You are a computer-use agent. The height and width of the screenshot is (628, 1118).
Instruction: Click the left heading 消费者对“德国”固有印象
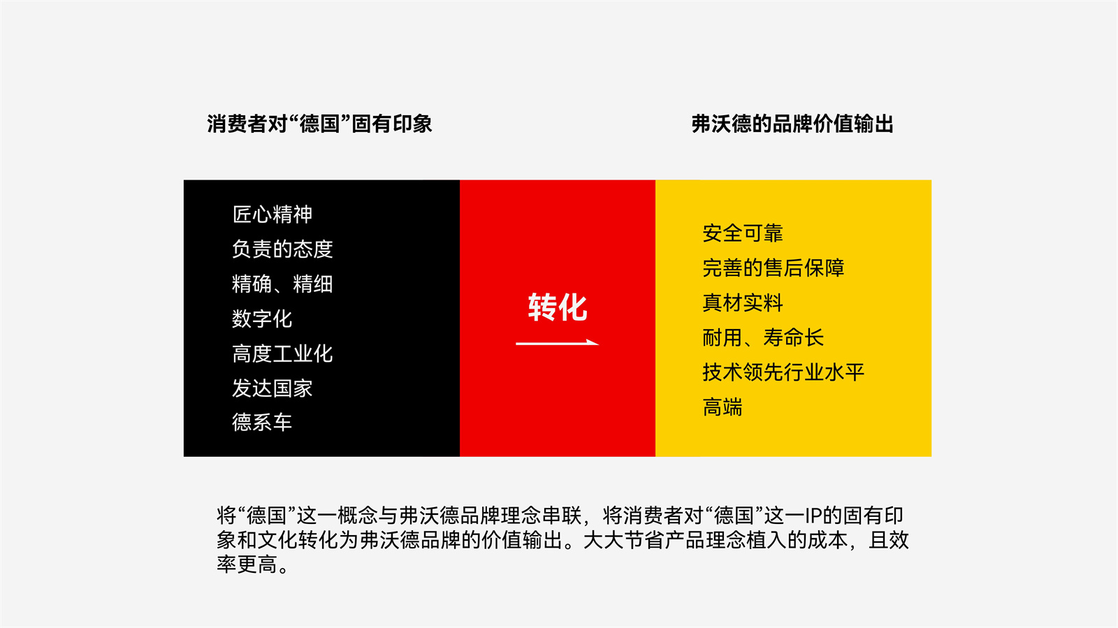point(319,124)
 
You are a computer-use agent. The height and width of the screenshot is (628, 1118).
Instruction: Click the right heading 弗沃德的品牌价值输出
point(792,124)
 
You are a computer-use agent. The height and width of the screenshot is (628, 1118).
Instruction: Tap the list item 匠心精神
point(273,214)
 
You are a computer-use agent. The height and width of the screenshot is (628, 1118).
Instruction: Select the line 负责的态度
point(282,249)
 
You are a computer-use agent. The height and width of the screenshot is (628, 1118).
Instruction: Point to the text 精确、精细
point(282,284)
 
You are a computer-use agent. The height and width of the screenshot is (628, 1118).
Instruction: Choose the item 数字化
point(262,319)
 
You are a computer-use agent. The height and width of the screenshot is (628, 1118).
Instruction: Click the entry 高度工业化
point(282,353)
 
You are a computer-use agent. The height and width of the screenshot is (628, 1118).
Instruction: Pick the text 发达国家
point(273,388)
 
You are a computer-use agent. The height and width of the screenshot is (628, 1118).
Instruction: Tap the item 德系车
point(262,423)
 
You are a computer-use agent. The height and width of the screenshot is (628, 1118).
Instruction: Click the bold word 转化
point(558,307)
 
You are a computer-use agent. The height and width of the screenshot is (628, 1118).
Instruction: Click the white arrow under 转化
point(558,343)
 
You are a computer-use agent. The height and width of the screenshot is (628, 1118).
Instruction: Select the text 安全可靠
point(743,233)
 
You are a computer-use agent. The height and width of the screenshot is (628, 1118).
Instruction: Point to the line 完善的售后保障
point(773,268)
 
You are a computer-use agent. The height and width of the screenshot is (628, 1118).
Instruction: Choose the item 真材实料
point(743,302)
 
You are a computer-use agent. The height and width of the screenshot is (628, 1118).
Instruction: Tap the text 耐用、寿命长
point(763,337)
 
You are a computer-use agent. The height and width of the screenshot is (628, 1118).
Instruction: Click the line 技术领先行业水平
point(783,372)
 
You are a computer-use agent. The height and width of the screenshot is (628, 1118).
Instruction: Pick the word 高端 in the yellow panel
point(723,407)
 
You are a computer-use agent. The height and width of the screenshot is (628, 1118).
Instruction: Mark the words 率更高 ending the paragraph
point(247,564)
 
